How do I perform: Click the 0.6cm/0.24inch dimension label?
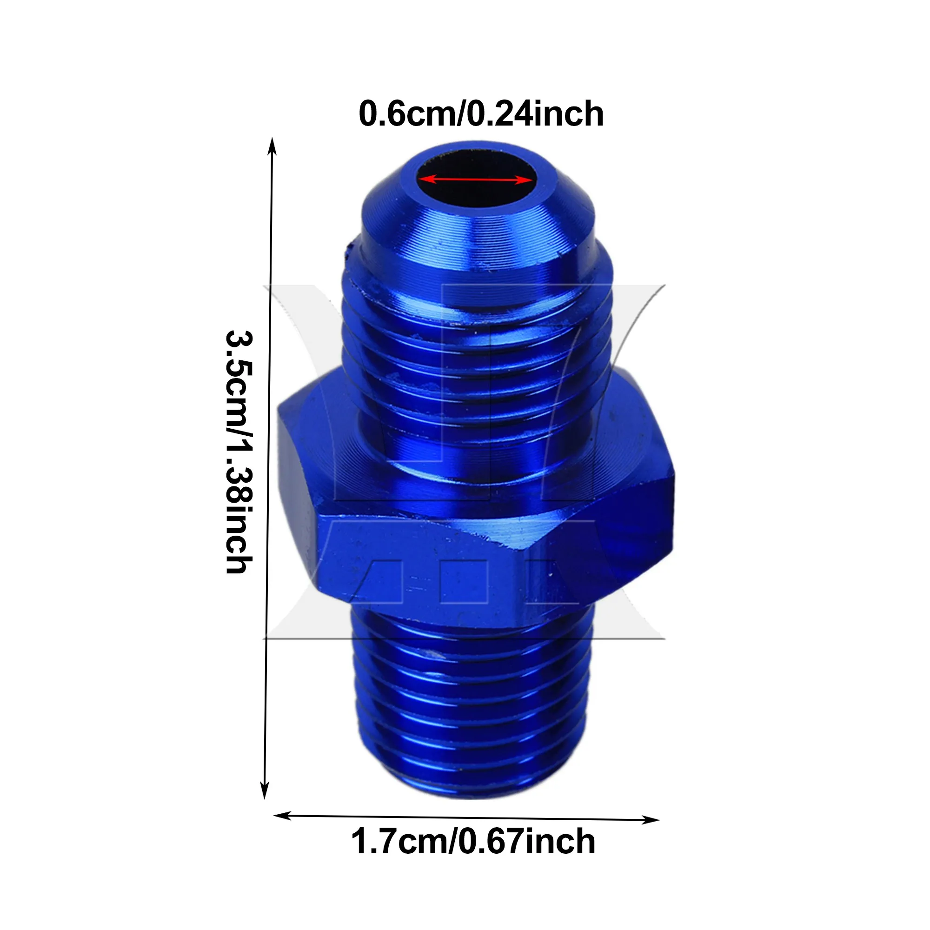(x=481, y=114)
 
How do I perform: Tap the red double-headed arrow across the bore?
(x=475, y=179)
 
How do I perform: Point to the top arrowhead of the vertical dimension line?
(x=272, y=145)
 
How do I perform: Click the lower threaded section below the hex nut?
(x=472, y=693)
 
